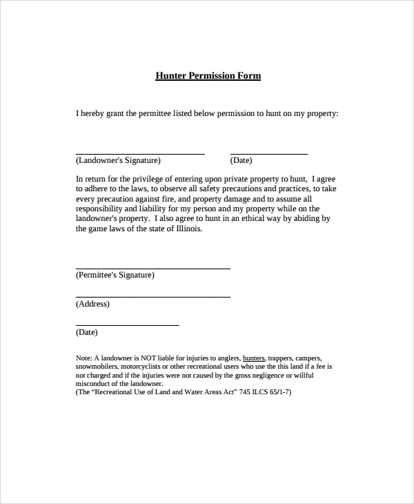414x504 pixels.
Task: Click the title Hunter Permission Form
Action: (208, 75)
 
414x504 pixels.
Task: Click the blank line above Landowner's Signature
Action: (140, 153)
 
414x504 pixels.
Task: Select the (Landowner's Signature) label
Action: (118, 161)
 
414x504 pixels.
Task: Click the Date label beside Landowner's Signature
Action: (241, 161)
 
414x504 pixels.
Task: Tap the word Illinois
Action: (187, 229)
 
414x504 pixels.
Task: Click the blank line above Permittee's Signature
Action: (152, 268)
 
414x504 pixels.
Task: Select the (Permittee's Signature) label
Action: (115, 275)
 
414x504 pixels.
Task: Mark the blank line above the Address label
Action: (152, 297)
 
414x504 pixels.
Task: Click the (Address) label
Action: (92, 304)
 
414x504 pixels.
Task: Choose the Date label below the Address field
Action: (86, 332)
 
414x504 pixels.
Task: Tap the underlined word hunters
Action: (254, 358)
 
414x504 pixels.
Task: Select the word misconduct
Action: (94, 383)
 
